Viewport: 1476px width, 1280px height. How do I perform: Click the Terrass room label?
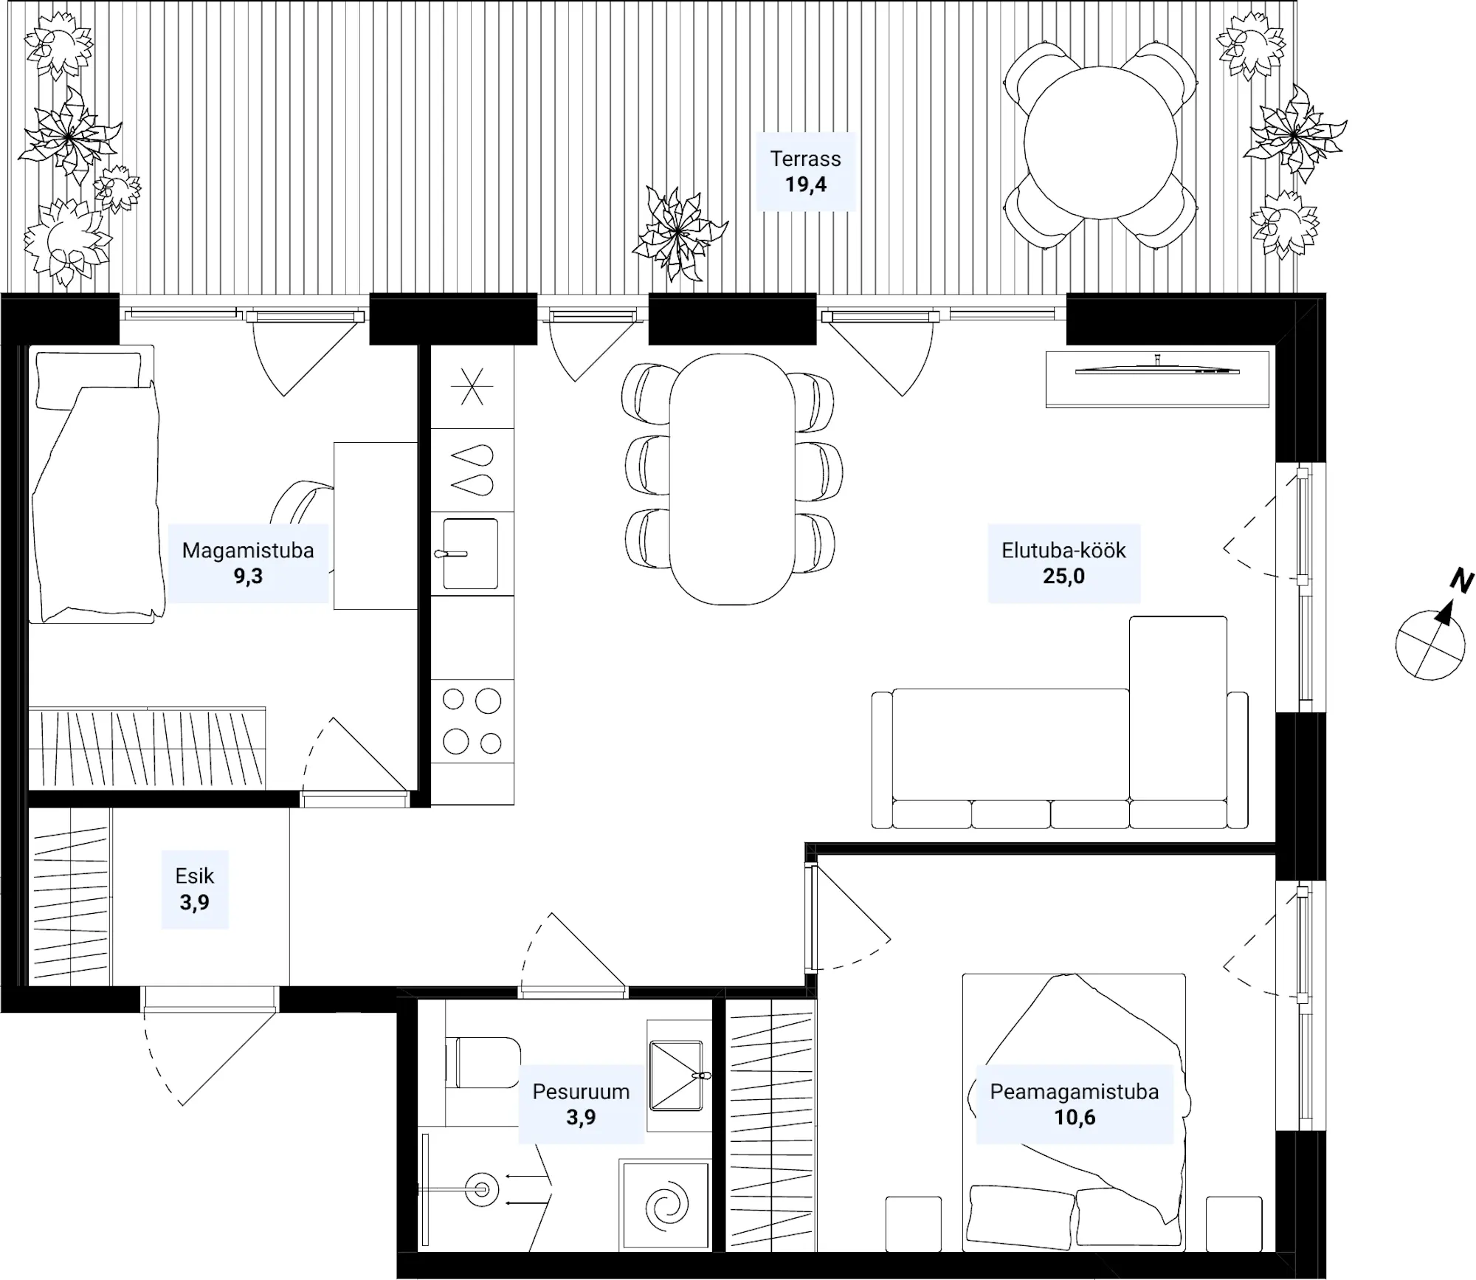pyautogui.click(x=805, y=159)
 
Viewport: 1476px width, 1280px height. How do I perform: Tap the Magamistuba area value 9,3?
pyautogui.click(x=248, y=577)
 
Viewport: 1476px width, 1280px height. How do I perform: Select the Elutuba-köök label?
pyautogui.click(x=1063, y=551)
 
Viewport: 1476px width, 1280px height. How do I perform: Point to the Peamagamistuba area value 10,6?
pyautogui.click(x=1075, y=1118)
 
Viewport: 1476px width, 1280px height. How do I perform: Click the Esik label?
pyautogui.click(x=195, y=876)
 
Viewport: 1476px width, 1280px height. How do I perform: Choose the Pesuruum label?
pyautogui.click(x=581, y=1092)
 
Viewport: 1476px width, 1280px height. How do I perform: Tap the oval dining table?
pyautogui.click(x=732, y=479)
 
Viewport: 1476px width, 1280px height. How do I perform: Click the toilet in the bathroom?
pyautogui.click(x=483, y=1063)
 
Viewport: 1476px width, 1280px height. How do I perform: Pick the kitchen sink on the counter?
pyautogui.click(x=470, y=554)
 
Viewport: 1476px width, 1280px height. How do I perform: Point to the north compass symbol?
pyautogui.click(x=1430, y=644)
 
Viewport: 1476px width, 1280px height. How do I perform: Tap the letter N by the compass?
pyautogui.click(x=1461, y=582)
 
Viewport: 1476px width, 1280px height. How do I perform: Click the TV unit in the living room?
pyautogui.click(x=1157, y=379)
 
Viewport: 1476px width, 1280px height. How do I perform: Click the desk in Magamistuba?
pyautogui.click(x=376, y=526)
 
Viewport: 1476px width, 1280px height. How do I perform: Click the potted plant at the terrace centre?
pyautogui.click(x=679, y=233)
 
